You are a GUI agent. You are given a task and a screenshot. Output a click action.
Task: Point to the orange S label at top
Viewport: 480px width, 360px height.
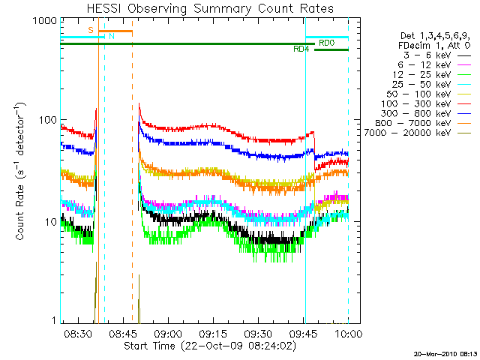point(91,30)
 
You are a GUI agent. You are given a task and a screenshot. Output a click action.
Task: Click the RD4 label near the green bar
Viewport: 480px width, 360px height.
point(301,49)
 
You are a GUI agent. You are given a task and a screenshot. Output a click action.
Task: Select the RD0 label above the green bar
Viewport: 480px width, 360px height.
point(326,43)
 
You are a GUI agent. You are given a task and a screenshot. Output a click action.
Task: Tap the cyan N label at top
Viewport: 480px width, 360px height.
point(111,36)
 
